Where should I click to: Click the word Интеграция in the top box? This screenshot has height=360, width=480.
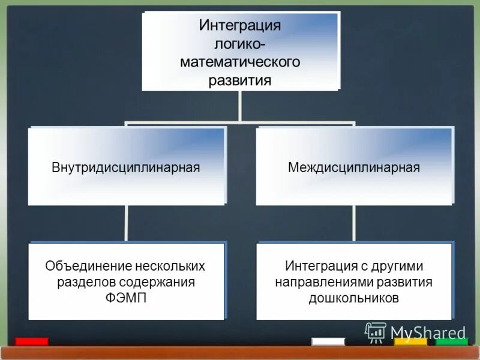[x=240, y=26]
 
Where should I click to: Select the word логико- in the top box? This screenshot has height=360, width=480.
[x=240, y=44]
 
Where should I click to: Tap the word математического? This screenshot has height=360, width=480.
[x=240, y=62]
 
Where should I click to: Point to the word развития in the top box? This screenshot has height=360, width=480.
[x=240, y=80]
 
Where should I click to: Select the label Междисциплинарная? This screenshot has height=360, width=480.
[x=353, y=167]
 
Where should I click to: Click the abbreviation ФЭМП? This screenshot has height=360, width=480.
[x=125, y=298]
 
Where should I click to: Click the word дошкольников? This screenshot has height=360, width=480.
[x=353, y=298]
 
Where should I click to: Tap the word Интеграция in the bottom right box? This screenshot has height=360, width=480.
[x=317, y=265]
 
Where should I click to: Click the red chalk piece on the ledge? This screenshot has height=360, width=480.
[x=32, y=341]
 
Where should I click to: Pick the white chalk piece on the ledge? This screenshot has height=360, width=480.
[x=328, y=341]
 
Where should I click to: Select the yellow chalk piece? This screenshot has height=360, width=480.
[x=410, y=341]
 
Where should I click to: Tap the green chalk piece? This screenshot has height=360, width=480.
[x=452, y=341]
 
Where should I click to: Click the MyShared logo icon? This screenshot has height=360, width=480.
[x=376, y=332]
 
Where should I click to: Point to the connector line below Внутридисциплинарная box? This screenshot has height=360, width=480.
[x=127, y=223]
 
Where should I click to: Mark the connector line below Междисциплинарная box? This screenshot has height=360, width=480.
[x=354, y=223]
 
